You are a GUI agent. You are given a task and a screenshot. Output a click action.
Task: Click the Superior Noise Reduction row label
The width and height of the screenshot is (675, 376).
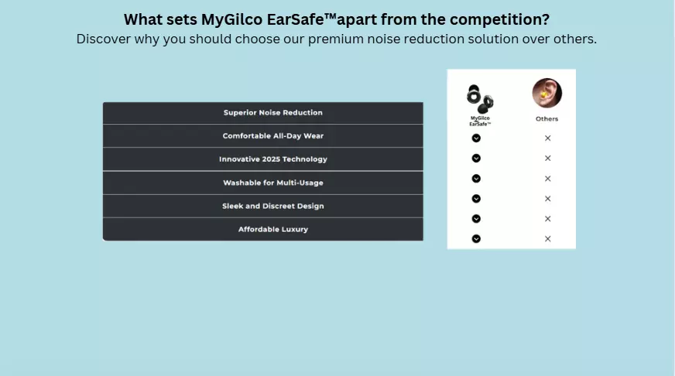point(273,113)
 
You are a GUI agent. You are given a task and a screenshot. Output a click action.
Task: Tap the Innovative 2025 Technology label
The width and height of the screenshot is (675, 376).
point(273,159)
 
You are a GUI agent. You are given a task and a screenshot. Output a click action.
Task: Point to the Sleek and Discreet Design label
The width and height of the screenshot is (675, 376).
point(273,206)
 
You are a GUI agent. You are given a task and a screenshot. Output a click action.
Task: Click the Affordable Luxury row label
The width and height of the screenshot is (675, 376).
point(273,229)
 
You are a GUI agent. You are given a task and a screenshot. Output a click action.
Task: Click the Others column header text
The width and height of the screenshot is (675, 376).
point(547,118)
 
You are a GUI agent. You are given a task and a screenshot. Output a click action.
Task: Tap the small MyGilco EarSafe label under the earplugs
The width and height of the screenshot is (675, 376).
point(480,121)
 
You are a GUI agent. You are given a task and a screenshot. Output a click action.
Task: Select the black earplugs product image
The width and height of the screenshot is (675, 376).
point(480,99)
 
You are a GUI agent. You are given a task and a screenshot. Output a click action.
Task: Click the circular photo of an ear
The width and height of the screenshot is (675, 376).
point(547,93)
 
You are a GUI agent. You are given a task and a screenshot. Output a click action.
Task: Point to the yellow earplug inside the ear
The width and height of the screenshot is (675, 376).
point(544,94)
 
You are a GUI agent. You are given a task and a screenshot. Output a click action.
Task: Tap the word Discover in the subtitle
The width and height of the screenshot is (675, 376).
point(103,39)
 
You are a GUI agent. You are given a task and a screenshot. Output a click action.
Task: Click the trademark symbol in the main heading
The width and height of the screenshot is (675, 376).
point(331,16)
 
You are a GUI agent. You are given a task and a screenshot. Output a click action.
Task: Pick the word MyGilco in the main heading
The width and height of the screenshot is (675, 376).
point(231,20)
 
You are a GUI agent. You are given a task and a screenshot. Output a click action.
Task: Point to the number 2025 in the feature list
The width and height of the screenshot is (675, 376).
point(271,159)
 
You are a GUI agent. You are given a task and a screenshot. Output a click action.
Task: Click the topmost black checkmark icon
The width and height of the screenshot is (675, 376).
point(476,138)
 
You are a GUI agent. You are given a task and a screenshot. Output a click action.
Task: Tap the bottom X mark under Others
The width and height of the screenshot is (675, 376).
point(547,239)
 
